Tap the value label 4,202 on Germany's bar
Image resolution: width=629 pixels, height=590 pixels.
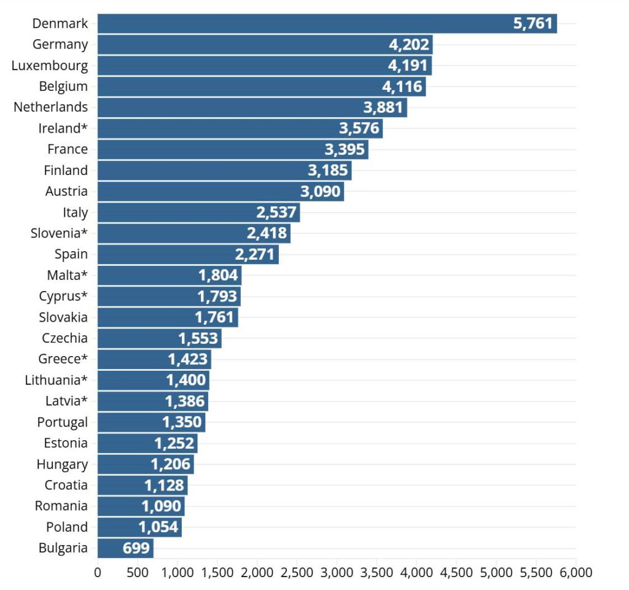pyautogui.click(x=409, y=45)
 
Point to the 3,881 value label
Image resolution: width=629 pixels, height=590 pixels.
pyautogui.click(x=383, y=107)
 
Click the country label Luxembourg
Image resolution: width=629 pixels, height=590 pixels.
pyautogui.click(x=50, y=66)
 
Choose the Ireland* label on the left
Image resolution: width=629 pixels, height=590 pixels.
pyautogui.click(x=63, y=128)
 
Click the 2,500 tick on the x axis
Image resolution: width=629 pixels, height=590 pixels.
pyautogui.click(x=297, y=573)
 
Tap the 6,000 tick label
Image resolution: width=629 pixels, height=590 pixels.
pyautogui.click(x=576, y=573)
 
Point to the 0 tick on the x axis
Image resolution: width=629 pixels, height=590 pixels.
pyautogui.click(x=98, y=573)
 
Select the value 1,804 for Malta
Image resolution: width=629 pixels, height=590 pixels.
pyautogui.click(x=218, y=276)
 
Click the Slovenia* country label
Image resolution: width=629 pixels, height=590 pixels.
pyautogui.click(x=59, y=233)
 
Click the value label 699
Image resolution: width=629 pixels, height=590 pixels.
pyautogui.click(x=136, y=548)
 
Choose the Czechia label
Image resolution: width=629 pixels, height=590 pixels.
pyautogui.click(x=64, y=338)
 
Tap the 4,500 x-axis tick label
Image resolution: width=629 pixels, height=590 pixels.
pyautogui.click(x=456, y=573)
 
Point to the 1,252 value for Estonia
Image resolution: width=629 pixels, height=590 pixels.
pyautogui.click(x=174, y=443)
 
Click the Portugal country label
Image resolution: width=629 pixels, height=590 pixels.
pyautogui.click(x=62, y=422)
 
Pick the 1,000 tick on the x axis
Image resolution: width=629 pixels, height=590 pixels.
pyautogui.click(x=178, y=573)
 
